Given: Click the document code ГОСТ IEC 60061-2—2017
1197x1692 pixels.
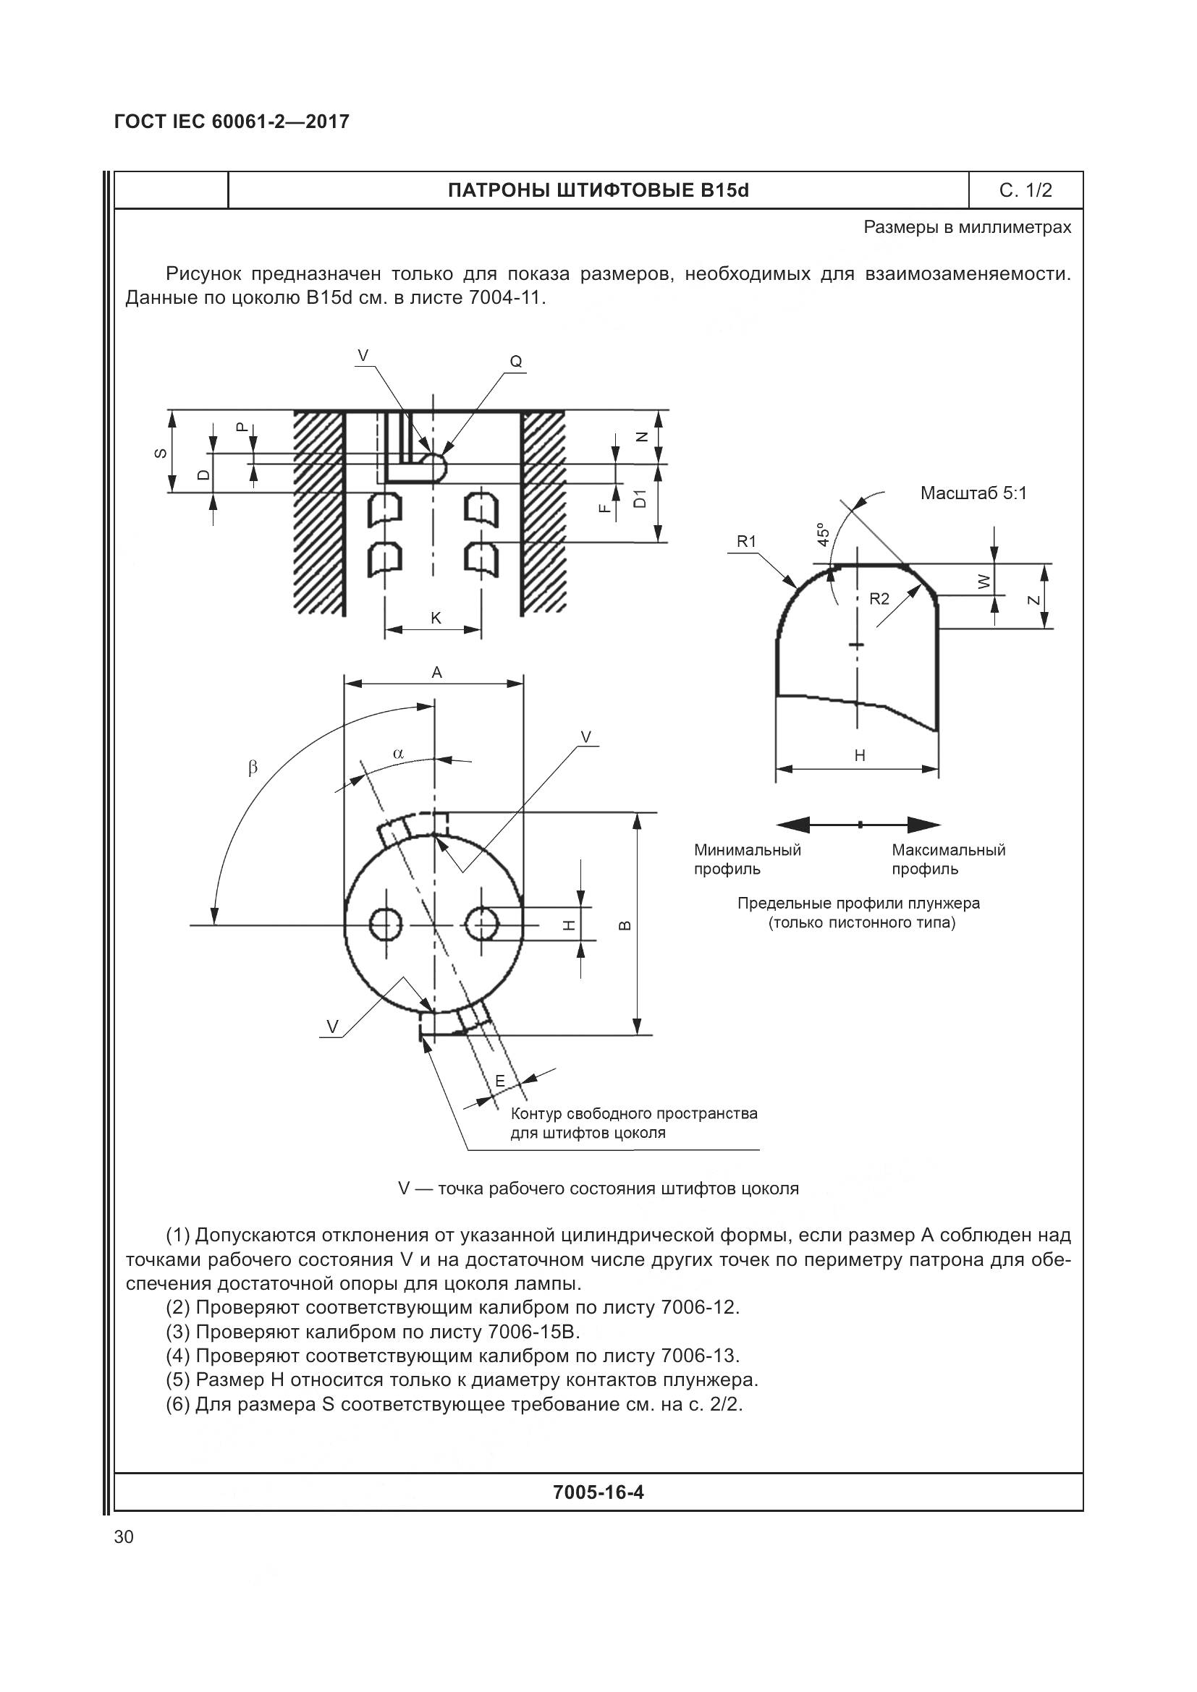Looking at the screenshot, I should click(232, 122).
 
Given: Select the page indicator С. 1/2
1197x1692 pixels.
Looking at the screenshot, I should click(1025, 191).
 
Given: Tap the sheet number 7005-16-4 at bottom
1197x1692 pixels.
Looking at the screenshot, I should click(598, 1492).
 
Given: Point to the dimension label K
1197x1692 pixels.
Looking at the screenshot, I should click(436, 618).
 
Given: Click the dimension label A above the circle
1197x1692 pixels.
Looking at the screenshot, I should click(436, 672).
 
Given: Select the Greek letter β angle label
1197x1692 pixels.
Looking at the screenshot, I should click(253, 768).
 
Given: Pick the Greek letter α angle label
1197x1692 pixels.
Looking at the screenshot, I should click(398, 753).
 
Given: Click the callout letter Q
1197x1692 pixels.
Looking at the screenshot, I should click(516, 362).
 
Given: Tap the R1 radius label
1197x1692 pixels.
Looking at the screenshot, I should click(747, 542).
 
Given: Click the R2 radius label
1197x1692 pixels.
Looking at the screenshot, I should click(879, 599).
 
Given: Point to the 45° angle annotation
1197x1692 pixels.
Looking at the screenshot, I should click(824, 535).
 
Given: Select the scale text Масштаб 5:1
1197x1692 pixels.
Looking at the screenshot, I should click(973, 493).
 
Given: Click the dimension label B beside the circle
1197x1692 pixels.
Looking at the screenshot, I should click(623, 925).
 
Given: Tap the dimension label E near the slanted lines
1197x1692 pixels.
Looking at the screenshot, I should click(500, 1081).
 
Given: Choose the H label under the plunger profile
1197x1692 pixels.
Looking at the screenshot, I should click(860, 755).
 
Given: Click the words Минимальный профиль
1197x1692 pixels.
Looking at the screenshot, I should click(747, 859).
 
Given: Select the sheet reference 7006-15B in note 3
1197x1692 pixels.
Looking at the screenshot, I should click(533, 1332).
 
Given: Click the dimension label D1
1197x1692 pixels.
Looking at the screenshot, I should click(640, 499).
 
